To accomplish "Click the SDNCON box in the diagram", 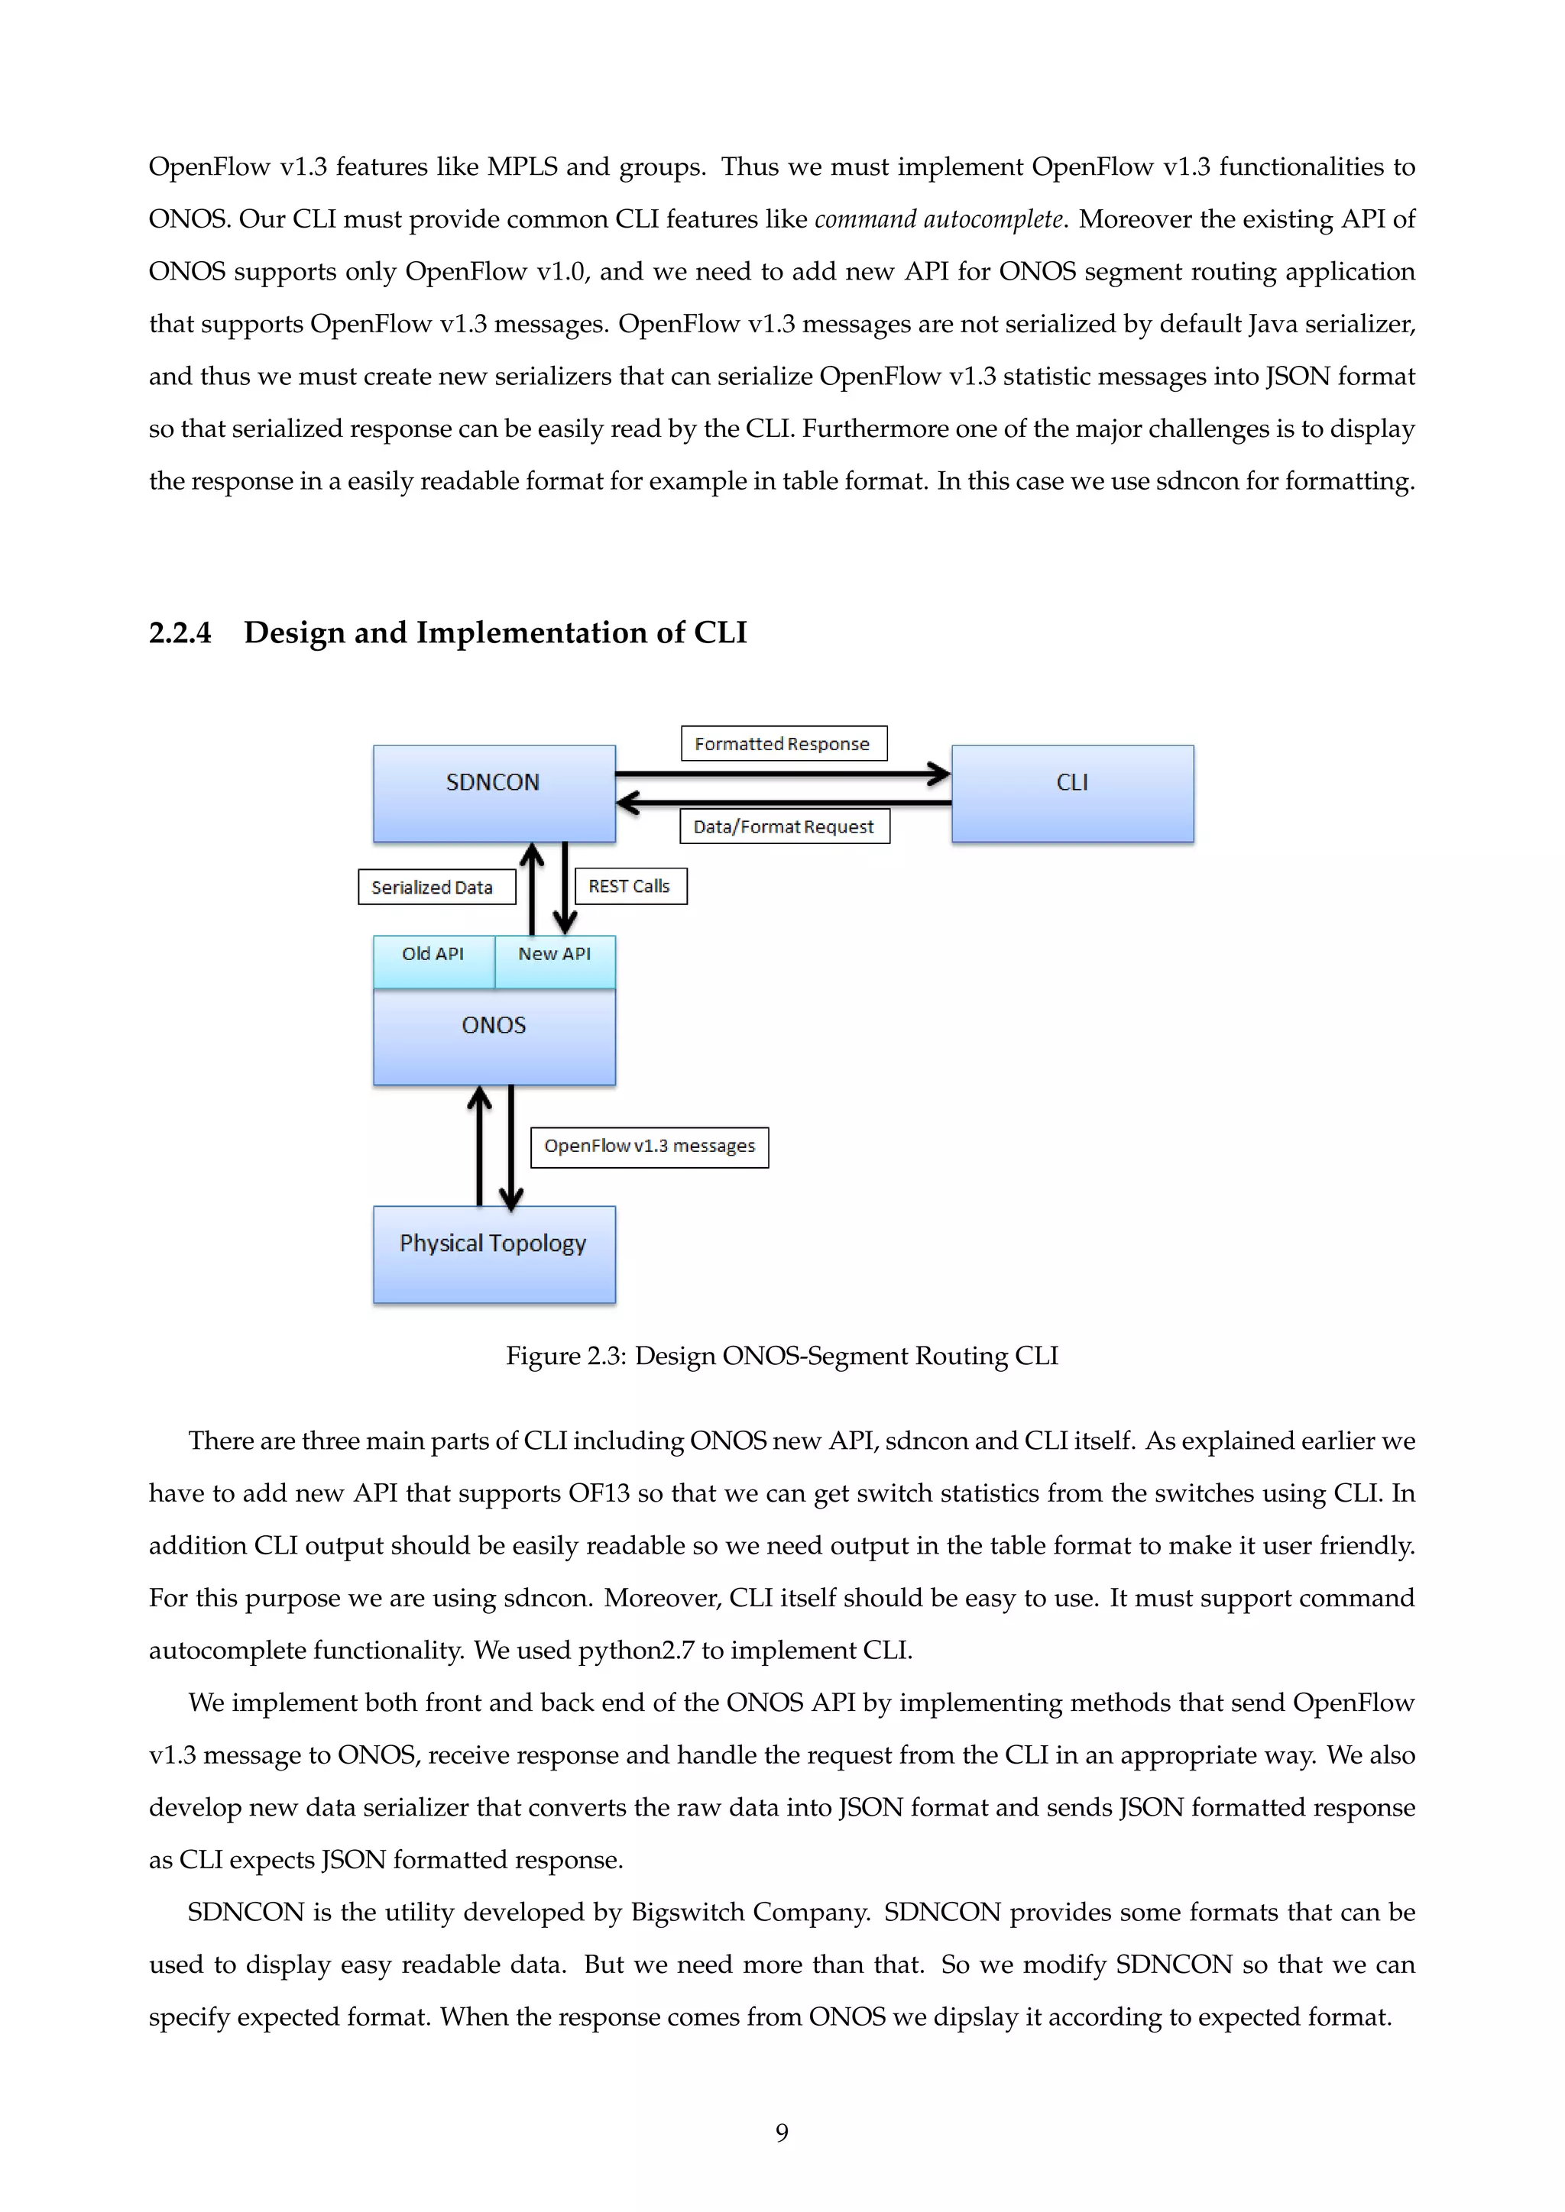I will [x=494, y=793].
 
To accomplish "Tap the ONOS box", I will [x=494, y=1036].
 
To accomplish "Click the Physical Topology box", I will [x=494, y=1253].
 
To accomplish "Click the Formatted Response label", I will [x=782, y=744].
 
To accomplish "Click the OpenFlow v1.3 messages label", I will [x=650, y=1146].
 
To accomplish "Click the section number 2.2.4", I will [x=180, y=633].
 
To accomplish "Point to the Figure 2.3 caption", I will [x=782, y=1356].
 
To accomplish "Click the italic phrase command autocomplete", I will [x=938, y=220].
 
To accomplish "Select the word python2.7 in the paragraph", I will [x=636, y=1651].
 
